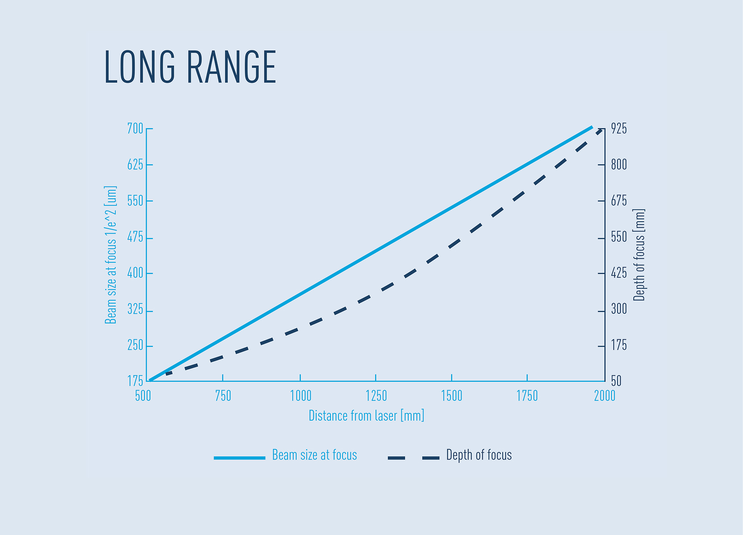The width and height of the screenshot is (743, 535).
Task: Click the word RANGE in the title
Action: coord(231,68)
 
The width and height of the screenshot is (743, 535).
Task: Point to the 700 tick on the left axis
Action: coord(135,129)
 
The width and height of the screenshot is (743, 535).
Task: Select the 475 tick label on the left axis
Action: coord(135,238)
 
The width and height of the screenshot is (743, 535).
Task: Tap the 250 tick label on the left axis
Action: coord(135,346)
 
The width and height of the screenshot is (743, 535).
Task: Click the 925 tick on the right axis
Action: coord(619,129)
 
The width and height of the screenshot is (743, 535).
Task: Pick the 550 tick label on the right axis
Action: coord(619,237)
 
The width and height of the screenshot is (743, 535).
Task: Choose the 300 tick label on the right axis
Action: coord(619,309)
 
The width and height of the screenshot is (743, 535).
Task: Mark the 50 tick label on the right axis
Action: coord(616,381)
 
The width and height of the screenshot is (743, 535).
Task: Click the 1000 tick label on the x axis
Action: coord(300,396)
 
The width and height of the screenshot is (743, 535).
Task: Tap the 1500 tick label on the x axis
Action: coord(451,396)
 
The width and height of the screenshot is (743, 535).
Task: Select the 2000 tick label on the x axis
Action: coord(605,396)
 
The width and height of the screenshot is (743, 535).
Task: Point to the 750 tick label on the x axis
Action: coord(223,396)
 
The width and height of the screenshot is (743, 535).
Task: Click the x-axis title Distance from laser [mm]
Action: coord(366,416)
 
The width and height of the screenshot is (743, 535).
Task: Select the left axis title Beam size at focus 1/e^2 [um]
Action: coord(111,255)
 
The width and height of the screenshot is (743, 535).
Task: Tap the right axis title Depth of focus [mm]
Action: coord(639,255)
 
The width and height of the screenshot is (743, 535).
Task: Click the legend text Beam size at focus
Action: coord(314,455)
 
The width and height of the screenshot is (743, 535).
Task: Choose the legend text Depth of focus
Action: coord(479,455)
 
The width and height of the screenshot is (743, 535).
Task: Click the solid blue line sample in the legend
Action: coord(239,458)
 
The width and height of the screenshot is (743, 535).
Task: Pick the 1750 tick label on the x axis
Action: coord(527,396)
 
